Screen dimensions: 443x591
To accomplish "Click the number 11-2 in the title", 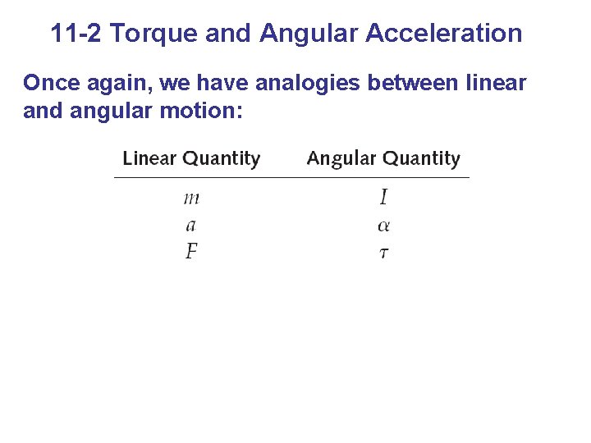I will click(76, 34).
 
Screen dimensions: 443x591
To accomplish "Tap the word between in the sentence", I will click(405, 83).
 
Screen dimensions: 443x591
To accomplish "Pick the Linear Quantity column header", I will click(191, 158).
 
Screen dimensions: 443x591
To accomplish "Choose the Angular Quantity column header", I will click(383, 158).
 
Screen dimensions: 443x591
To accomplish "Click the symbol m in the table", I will click(191, 199).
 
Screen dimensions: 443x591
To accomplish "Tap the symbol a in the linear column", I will click(191, 226).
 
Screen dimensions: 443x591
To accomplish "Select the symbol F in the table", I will click(191, 251).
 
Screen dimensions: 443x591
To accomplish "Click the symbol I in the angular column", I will click(383, 197).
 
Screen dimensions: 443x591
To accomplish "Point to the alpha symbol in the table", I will click(383, 226).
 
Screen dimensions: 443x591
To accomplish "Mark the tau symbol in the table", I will click(383, 253).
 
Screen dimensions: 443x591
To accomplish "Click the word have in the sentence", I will click(218, 83).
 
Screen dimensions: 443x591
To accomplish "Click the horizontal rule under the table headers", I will click(291, 177).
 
